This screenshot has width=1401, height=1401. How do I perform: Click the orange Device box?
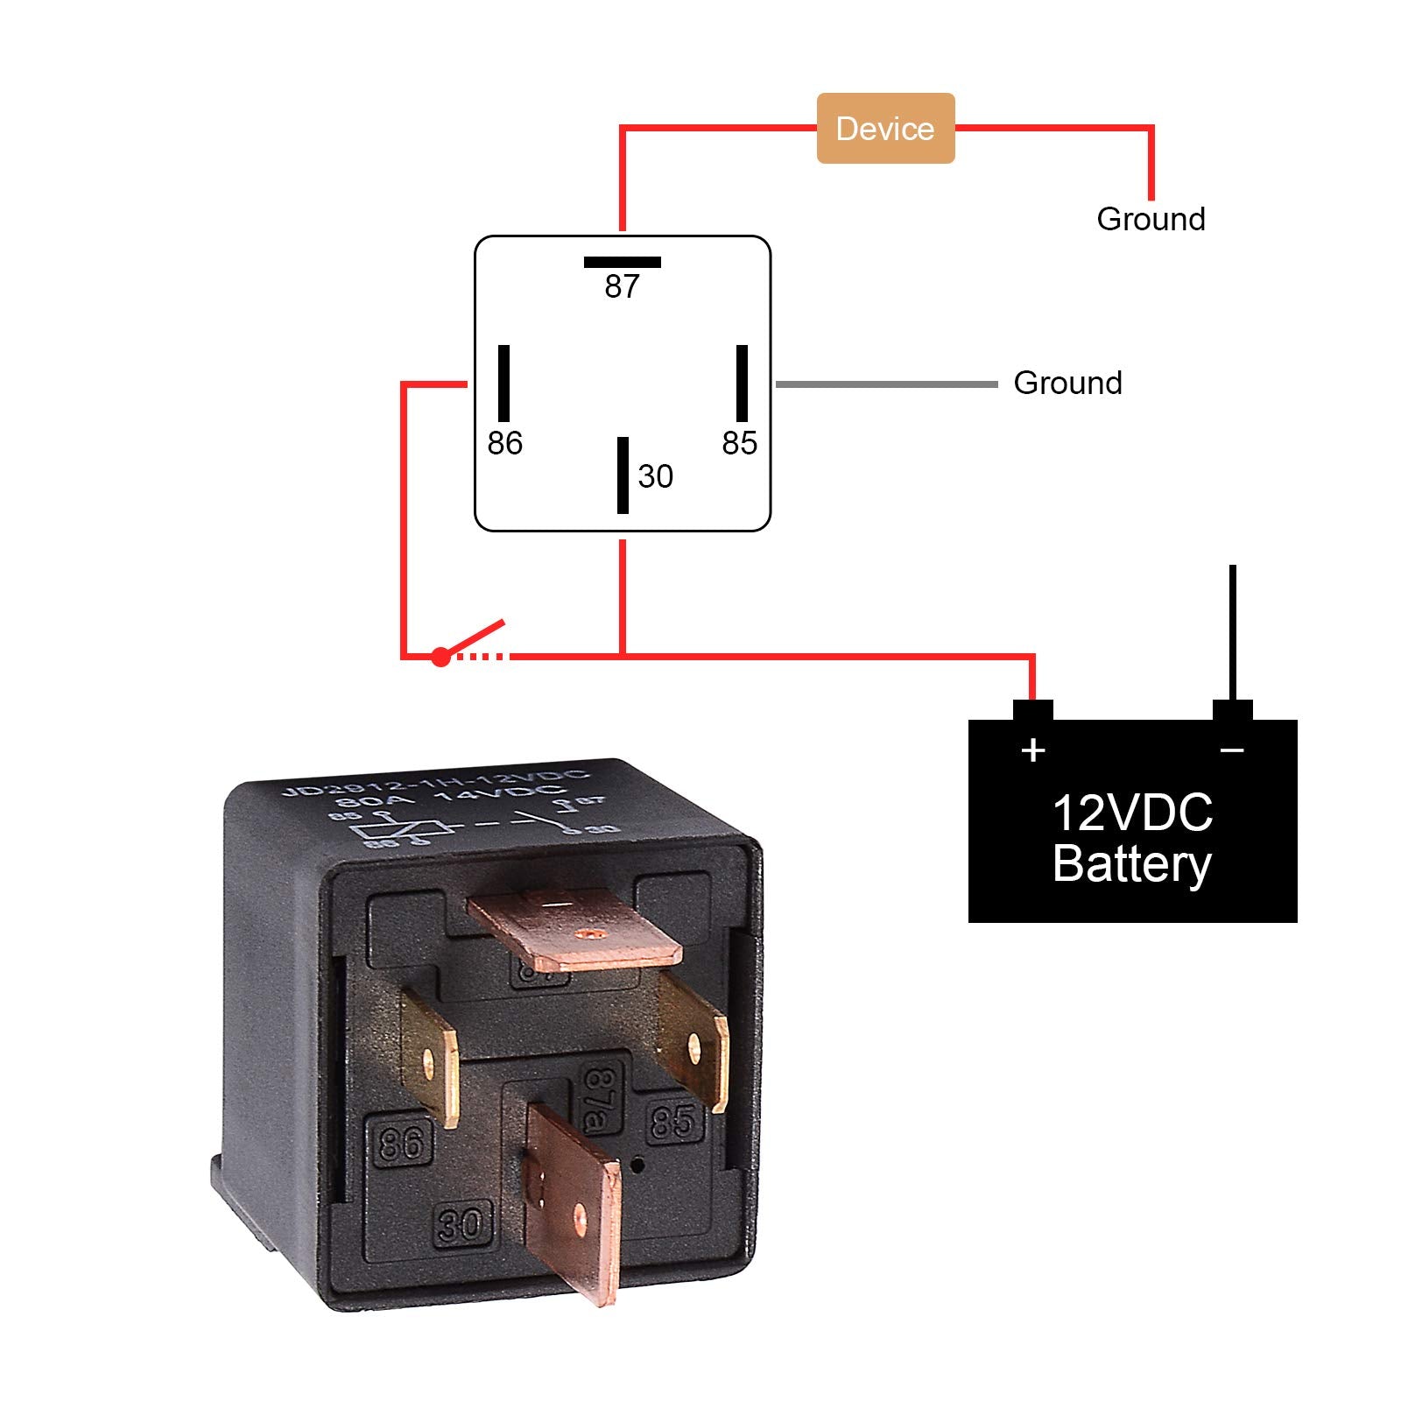click(884, 128)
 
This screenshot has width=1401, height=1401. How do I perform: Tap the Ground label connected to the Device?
click(1151, 219)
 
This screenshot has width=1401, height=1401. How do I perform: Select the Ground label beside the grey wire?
click(1067, 383)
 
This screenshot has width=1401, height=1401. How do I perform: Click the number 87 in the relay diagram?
click(622, 286)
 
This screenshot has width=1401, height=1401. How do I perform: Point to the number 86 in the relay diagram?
click(504, 443)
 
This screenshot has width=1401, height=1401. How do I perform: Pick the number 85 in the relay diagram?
click(739, 443)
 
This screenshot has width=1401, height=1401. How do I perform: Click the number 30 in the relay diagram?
click(655, 476)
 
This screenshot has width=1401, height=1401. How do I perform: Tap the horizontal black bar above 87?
click(622, 262)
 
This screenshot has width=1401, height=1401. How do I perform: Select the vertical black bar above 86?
click(503, 384)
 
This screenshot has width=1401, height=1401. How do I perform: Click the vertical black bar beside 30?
click(623, 475)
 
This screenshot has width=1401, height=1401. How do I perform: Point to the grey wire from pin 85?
click(886, 384)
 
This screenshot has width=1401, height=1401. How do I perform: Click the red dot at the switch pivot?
click(440, 657)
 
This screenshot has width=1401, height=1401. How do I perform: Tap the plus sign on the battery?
click(1033, 750)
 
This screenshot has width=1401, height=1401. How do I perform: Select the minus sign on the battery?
click(1232, 750)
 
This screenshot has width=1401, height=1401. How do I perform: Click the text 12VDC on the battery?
click(1132, 813)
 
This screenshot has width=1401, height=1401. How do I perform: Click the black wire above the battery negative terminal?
click(1232, 630)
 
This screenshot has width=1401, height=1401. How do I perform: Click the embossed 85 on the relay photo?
click(673, 1121)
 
